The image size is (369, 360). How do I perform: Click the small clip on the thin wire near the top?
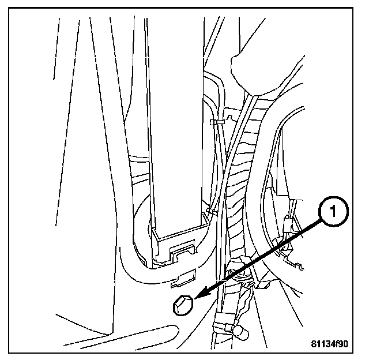click(217, 122)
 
